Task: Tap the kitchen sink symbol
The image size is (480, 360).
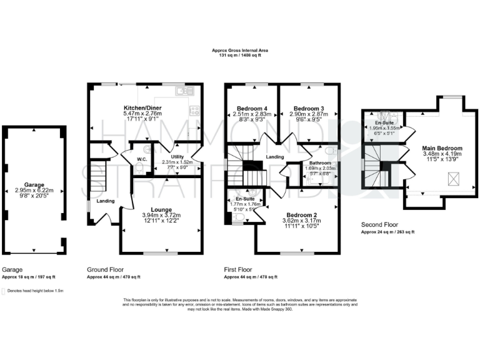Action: (182, 92)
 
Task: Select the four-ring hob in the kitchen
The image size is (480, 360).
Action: (194, 111)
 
